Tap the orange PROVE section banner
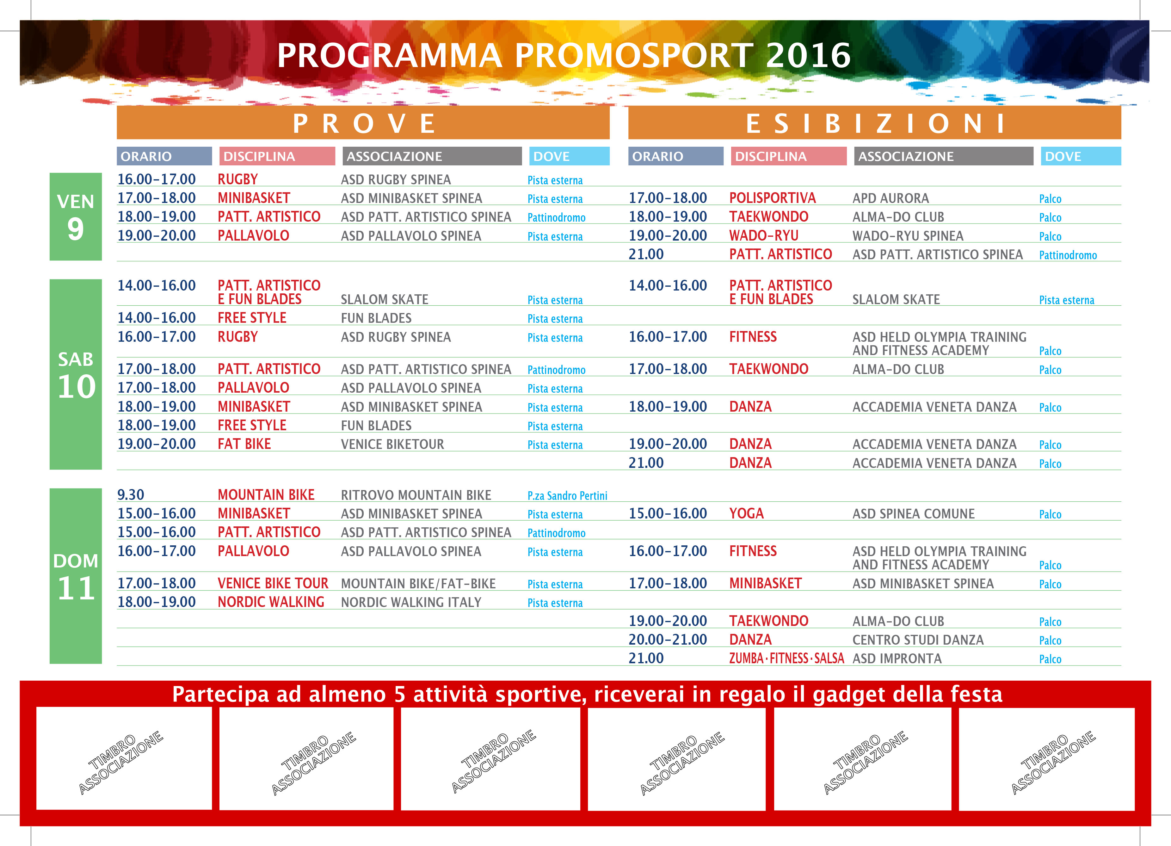click(363, 123)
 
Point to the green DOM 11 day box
click(75, 575)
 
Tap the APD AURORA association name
click(891, 198)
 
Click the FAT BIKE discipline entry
click(244, 444)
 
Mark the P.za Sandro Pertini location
click(567, 495)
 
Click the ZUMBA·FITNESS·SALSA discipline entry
click(786, 659)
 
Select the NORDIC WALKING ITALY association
click(411, 602)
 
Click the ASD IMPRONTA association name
click(897, 659)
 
